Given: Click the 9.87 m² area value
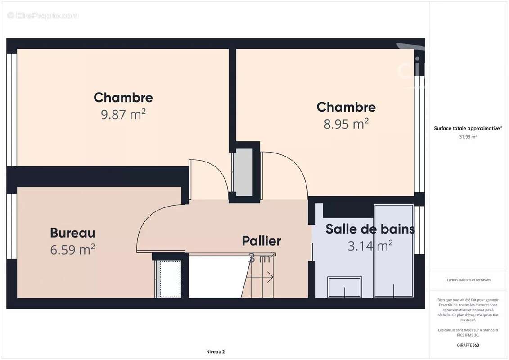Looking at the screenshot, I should [x=123, y=114].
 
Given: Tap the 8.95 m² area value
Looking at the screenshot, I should [x=346, y=124].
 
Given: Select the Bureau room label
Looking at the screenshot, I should [x=72, y=233].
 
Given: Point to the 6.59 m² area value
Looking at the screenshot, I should [x=72, y=249].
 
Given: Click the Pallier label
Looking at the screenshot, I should [x=261, y=241].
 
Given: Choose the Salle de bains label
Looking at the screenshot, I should [x=370, y=229].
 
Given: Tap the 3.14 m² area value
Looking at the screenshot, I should [x=370, y=246].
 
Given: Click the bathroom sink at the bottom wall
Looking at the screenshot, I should [x=345, y=287].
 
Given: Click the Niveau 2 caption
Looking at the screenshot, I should [x=215, y=352].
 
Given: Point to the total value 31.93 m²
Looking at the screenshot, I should [x=468, y=137].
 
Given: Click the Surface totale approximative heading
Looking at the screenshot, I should [x=467, y=128].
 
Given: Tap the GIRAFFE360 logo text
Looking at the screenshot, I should [x=468, y=345].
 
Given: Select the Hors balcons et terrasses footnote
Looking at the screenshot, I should [x=468, y=280].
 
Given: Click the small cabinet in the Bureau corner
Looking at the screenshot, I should [x=170, y=279].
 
